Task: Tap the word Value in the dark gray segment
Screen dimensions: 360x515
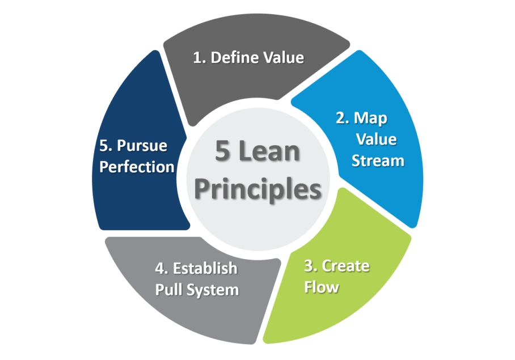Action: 282,58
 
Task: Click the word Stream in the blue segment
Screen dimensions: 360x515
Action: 378,160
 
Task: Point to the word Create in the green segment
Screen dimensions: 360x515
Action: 345,266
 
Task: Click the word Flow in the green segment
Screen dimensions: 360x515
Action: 321,287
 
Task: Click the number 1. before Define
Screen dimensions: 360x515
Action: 200,58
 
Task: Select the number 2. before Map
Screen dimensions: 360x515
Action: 341,118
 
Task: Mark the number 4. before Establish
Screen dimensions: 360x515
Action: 162,268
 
